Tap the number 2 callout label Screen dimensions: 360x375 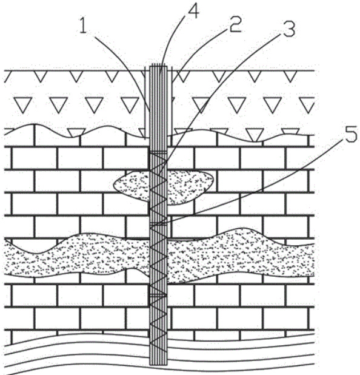235,25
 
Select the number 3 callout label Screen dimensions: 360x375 289,29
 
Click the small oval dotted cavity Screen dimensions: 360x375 163,187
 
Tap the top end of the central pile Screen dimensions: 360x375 158,65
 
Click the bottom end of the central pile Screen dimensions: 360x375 158,364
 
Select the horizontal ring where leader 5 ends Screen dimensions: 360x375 158,224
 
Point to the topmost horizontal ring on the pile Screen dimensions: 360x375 158,152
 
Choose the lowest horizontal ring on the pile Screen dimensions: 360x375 158,295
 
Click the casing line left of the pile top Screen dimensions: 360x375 145,102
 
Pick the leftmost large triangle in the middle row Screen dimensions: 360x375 23,105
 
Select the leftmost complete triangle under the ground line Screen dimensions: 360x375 40,76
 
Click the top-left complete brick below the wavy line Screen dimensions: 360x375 34,158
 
